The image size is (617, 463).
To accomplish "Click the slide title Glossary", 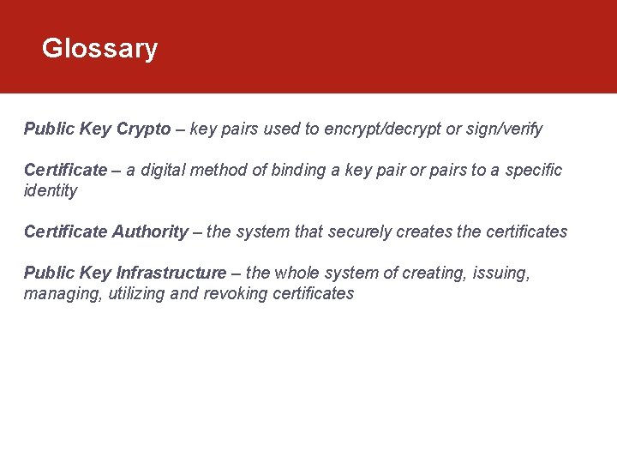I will [99, 49].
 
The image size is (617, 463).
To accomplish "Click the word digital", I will [161, 171].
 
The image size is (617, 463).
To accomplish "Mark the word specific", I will [534, 171].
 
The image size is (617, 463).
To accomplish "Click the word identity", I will [51, 191].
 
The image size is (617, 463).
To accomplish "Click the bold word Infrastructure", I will [171, 274].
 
